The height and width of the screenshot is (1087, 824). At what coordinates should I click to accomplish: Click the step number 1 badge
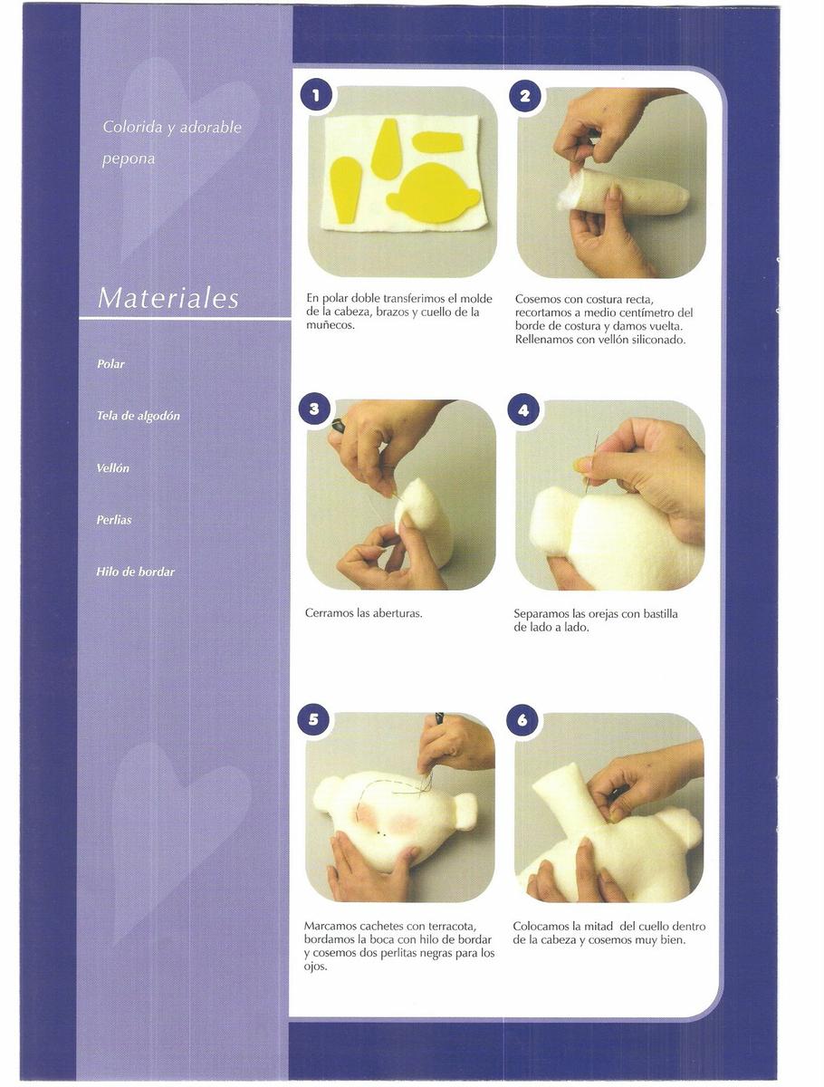coord(316,94)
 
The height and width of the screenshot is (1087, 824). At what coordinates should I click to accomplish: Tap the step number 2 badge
coord(524,95)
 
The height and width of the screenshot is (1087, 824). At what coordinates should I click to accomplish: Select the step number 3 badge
coord(314,409)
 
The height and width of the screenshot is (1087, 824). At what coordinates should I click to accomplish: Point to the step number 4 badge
coord(523,409)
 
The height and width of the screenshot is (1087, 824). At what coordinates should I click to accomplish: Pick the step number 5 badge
coord(313,719)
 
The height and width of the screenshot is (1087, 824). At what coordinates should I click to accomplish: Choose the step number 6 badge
coord(522,720)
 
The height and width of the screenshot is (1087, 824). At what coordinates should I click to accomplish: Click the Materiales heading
coord(168,298)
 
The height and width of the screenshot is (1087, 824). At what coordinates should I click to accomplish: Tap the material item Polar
coord(110,364)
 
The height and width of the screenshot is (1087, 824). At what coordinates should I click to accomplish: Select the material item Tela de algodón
coord(138,416)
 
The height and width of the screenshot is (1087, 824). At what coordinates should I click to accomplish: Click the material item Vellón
coord(113,468)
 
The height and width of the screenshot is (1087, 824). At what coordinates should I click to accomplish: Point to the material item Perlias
coord(114,520)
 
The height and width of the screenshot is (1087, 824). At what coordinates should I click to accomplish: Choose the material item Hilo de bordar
coord(136,572)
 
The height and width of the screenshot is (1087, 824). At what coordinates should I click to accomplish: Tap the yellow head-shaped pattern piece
coord(433,193)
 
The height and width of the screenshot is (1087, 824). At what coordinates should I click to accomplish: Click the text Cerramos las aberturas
coord(364,613)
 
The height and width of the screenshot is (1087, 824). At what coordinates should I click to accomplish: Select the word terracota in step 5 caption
coord(453,926)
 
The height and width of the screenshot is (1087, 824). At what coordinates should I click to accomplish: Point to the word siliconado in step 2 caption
coord(658,340)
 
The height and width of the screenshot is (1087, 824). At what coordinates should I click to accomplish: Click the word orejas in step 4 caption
coord(603,614)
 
